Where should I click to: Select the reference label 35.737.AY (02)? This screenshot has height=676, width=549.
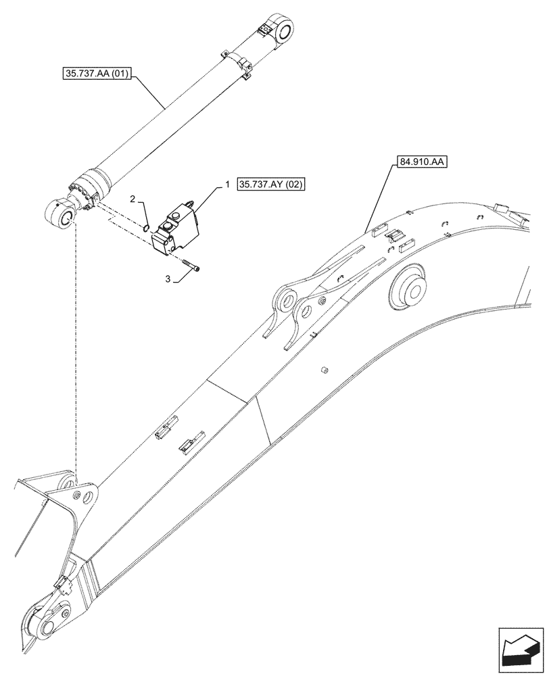pyautogui.click(x=271, y=185)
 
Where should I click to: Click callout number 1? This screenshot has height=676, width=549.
pyautogui.click(x=227, y=184)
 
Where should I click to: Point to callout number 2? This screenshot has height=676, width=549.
pyautogui.click(x=133, y=199)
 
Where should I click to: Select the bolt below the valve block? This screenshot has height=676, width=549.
pyautogui.click(x=191, y=267)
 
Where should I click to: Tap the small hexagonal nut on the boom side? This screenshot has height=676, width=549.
pyautogui.click(x=323, y=370)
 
